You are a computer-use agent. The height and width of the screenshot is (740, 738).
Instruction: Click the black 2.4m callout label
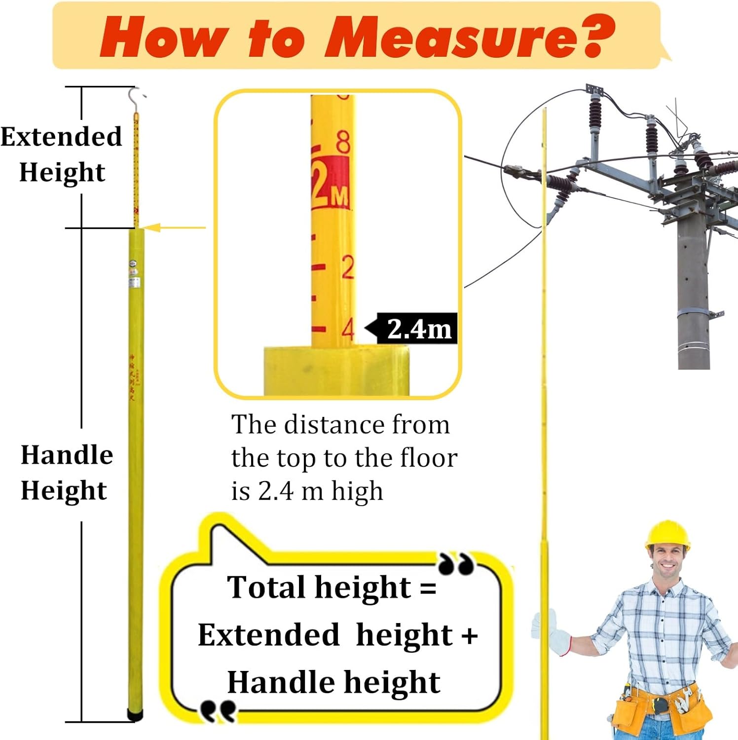pos(417,329)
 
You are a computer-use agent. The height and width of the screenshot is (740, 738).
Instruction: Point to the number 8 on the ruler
pos(343,142)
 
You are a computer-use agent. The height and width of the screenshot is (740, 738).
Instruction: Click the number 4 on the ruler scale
pos(348,329)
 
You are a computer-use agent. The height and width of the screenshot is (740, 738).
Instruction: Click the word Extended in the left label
pos(61,137)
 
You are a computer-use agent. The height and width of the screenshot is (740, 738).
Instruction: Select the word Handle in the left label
pos(67,454)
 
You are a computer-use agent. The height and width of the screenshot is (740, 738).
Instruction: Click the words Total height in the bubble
pos(319,587)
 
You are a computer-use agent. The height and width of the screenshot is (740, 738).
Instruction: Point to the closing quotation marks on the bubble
pos(456,564)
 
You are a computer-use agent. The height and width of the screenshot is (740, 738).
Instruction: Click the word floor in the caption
pos(429,458)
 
